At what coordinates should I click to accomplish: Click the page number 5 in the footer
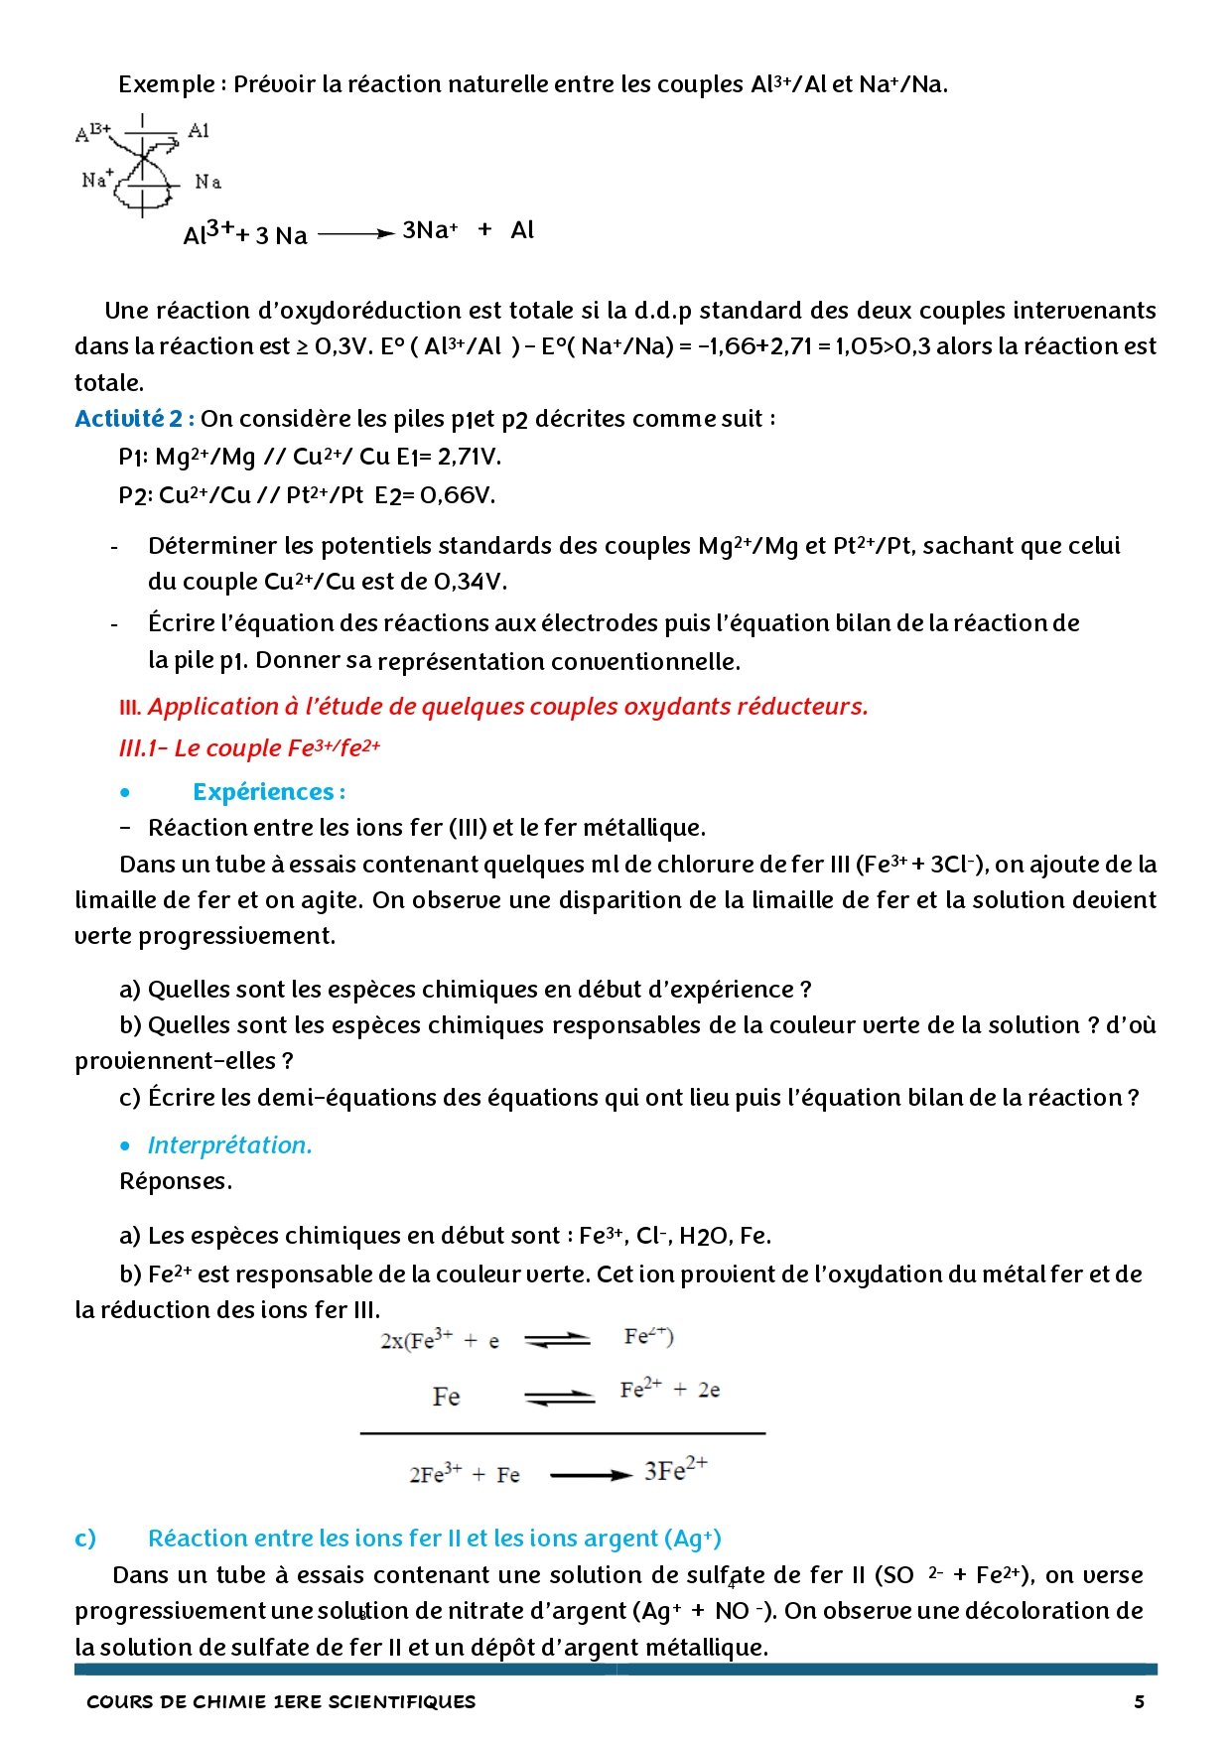(x=1139, y=1701)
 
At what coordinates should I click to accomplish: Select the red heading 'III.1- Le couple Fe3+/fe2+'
(x=249, y=748)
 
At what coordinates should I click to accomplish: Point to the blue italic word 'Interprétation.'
(x=229, y=1145)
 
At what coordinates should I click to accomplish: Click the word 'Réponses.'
(x=176, y=1181)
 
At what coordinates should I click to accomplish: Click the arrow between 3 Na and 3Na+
(x=356, y=234)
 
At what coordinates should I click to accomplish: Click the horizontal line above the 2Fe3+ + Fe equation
(x=562, y=1433)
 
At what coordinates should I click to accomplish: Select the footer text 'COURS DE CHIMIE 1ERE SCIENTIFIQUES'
(x=281, y=1701)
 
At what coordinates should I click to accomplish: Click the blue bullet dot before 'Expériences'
(x=124, y=792)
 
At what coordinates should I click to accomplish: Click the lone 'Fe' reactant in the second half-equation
(x=446, y=1397)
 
